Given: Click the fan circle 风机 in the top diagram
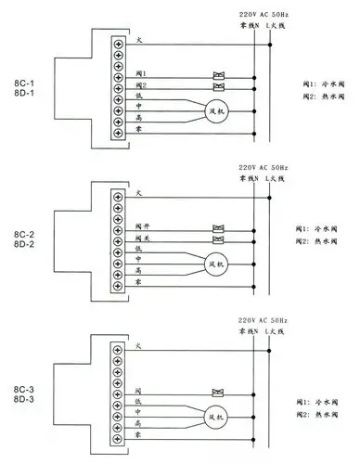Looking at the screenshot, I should click(219, 112).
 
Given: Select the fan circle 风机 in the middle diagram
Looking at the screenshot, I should click(219, 264).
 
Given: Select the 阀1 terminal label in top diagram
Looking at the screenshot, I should click(140, 73).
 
